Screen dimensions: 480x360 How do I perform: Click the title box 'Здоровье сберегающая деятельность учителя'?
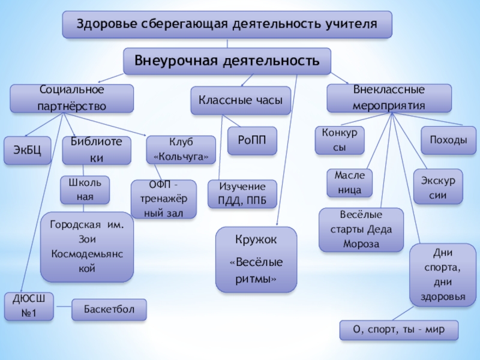(x=227, y=25)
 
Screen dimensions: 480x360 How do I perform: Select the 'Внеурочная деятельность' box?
(x=227, y=61)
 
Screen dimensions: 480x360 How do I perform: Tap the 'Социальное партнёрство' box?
(x=71, y=98)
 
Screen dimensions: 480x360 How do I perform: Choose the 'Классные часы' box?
(x=241, y=101)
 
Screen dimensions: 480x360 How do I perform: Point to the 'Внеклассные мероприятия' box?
(x=389, y=97)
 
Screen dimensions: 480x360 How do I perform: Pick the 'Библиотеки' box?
(x=96, y=150)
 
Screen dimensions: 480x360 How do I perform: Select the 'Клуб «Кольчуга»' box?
(x=181, y=149)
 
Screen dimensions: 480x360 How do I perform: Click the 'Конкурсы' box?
(x=340, y=140)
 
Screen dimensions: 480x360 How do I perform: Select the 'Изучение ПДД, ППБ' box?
(x=242, y=194)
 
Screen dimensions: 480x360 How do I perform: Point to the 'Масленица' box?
(x=349, y=183)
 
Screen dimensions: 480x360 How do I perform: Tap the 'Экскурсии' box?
(x=438, y=187)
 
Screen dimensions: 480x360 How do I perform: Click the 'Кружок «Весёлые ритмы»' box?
(x=256, y=260)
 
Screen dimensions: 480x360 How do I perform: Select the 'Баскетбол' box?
(x=109, y=310)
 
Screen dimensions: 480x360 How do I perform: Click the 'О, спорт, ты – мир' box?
(x=398, y=330)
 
